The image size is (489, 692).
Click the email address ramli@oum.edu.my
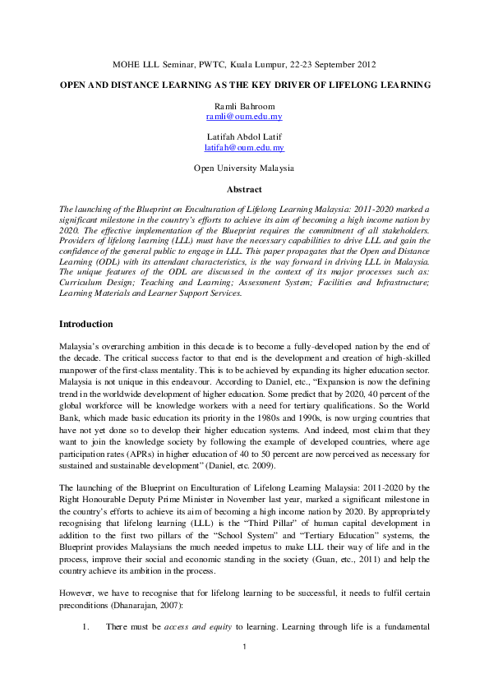244,118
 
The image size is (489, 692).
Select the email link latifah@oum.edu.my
244,147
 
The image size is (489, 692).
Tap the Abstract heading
244,190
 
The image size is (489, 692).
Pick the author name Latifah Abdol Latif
244,137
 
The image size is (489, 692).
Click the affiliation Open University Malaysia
244,167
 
